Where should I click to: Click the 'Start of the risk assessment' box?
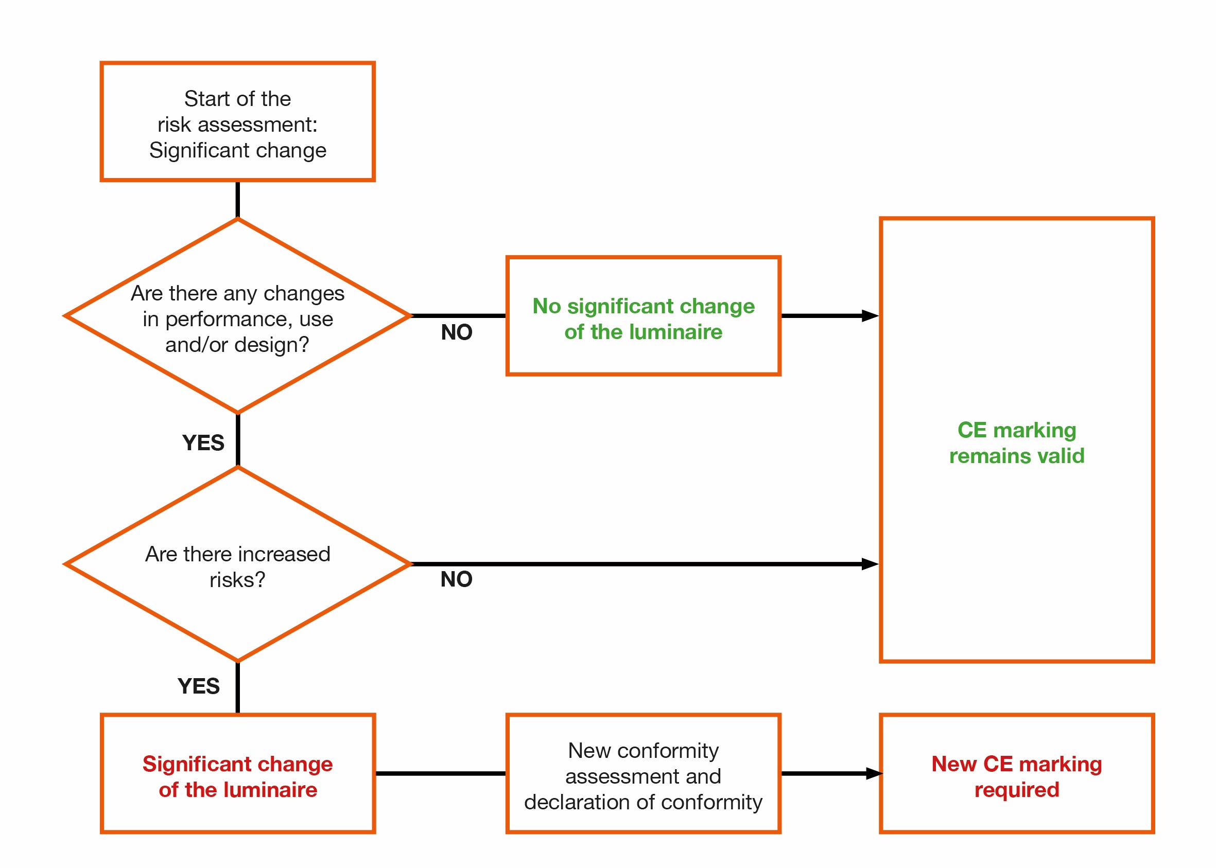coord(237,122)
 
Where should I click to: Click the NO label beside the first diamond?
coord(456,332)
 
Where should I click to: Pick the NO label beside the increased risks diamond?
coord(456,579)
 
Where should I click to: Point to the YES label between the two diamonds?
coord(203,442)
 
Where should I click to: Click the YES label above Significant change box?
coord(198,686)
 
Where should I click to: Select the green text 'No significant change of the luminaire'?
coord(644,319)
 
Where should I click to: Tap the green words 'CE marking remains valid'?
coord(1017,443)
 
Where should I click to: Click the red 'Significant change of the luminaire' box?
coord(237,776)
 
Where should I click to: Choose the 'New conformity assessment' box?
coord(644,776)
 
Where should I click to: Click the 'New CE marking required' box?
coord(1017,776)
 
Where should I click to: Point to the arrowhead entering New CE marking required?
coord(874,773)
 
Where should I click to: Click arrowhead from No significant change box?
coord(870,316)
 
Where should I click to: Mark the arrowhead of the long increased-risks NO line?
coord(870,564)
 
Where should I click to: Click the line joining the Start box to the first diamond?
coord(237,199)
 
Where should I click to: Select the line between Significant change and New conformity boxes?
coord(440,773)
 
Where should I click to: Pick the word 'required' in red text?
coord(1017,790)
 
